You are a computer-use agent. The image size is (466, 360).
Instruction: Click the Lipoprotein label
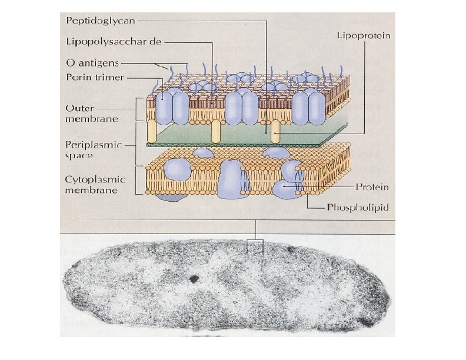click(x=363, y=35)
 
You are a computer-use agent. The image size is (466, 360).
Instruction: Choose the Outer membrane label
click(x=91, y=113)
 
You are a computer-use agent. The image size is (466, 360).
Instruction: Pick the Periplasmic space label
click(x=93, y=150)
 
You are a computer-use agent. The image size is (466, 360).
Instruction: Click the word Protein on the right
click(x=372, y=187)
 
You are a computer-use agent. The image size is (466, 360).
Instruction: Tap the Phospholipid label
click(x=358, y=207)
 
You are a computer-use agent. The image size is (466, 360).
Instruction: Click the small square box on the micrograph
click(x=254, y=247)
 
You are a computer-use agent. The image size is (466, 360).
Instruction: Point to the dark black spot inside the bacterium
click(x=194, y=279)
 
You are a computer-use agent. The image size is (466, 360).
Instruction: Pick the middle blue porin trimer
click(x=241, y=107)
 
